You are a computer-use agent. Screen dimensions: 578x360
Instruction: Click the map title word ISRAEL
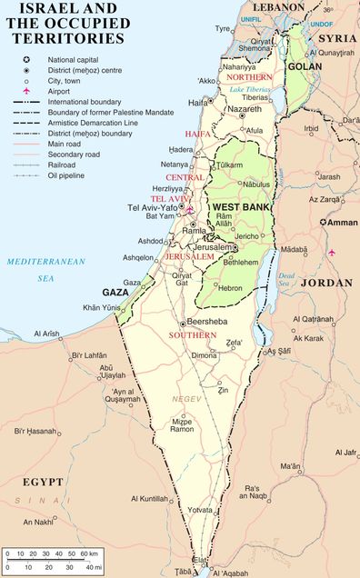[34, 10]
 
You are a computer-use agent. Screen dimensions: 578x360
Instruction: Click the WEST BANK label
[239, 208]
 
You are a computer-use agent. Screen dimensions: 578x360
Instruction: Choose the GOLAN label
[305, 67]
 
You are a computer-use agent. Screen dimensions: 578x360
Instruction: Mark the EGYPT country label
[45, 482]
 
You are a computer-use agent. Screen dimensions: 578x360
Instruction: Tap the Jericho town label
[249, 236]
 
